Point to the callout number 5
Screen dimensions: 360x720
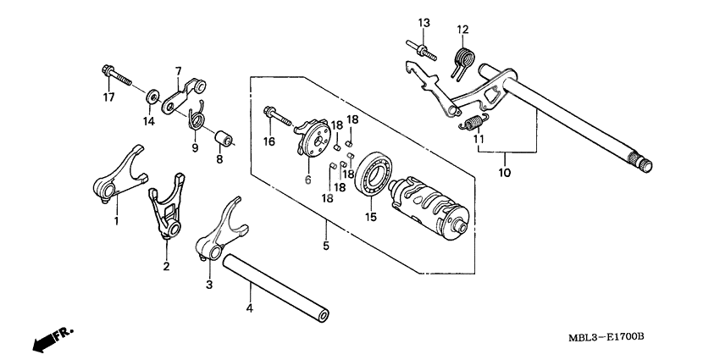click(326, 246)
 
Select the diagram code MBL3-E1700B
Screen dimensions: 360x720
click(606, 337)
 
